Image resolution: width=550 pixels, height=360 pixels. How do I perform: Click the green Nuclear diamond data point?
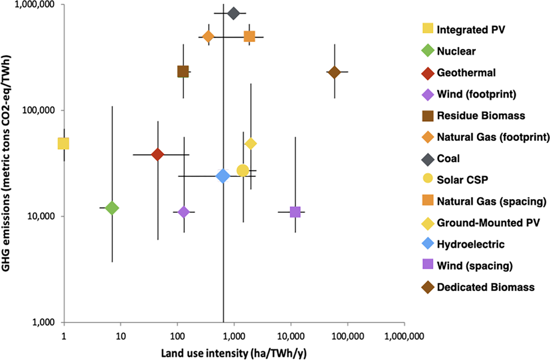112,208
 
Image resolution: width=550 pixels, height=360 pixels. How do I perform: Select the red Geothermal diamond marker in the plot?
158,154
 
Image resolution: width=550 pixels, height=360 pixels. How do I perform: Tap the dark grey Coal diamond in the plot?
234,14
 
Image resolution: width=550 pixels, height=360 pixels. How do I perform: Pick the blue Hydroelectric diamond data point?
223,176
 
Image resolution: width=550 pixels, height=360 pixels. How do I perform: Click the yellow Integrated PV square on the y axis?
63,143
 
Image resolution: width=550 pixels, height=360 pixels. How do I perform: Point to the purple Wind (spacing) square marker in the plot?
295,212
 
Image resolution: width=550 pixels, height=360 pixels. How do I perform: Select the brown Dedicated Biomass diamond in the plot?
334,72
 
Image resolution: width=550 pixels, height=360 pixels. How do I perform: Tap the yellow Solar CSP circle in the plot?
243,170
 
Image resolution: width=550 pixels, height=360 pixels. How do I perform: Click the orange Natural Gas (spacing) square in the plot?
249,37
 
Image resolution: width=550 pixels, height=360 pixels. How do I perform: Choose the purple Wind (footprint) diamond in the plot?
184,212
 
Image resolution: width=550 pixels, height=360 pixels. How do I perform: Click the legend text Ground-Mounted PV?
488,223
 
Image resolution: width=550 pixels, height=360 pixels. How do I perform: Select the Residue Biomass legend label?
481,116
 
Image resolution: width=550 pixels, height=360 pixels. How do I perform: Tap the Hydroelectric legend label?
470,244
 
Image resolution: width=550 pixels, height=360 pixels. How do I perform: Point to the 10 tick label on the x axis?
121,336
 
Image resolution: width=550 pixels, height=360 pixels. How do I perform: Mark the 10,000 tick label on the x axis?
291,336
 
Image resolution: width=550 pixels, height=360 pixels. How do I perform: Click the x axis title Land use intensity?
234,353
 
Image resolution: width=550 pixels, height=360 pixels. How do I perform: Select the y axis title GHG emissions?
6,163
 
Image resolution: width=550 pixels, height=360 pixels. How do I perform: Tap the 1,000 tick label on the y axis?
44,322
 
